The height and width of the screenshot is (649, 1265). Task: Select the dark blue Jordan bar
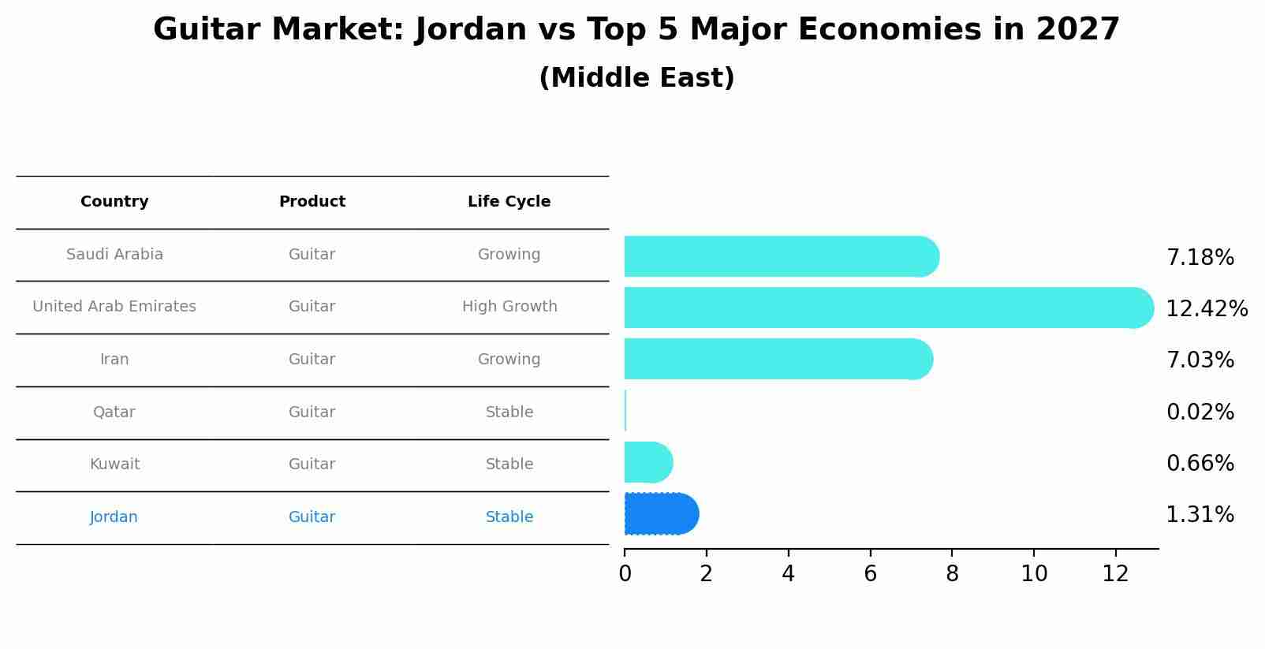(661, 514)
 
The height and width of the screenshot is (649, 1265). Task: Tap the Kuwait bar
(647, 462)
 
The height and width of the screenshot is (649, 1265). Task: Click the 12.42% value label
(1207, 308)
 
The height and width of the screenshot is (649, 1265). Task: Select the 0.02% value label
(1200, 412)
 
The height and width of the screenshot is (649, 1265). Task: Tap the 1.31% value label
(1200, 515)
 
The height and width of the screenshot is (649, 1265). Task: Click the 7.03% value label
(1200, 360)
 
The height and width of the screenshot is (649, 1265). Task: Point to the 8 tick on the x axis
(952, 573)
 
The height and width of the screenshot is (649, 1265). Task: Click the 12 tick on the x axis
(1115, 573)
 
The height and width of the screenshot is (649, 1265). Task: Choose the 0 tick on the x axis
(625, 573)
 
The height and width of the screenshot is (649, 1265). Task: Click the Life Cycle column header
(509, 202)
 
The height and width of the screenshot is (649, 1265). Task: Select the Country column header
(114, 202)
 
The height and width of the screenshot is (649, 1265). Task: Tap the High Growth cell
(509, 307)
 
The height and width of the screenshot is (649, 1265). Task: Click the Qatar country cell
(114, 412)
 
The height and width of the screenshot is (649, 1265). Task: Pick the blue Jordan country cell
(114, 517)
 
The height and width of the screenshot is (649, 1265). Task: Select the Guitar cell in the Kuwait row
(312, 464)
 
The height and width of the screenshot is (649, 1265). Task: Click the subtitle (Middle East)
(636, 78)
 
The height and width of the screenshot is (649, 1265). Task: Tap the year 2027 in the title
(1077, 30)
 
